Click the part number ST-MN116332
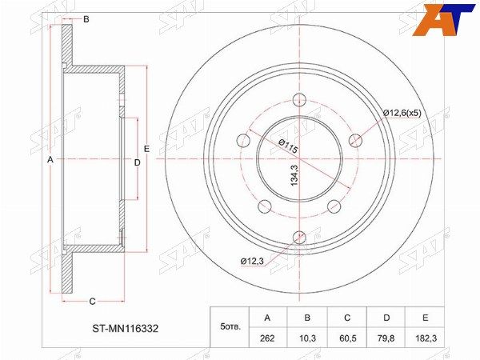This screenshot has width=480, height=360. (x=126, y=329)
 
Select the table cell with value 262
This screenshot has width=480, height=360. (x=267, y=338)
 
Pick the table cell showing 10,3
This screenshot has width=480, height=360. (x=307, y=338)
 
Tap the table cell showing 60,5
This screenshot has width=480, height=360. (x=347, y=338)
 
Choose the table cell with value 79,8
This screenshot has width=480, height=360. (x=386, y=338)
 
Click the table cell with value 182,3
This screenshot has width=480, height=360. (x=426, y=338)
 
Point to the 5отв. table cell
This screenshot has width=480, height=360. (x=230, y=327)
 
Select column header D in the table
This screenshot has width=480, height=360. (x=386, y=318)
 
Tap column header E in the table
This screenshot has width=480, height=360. (x=426, y=318)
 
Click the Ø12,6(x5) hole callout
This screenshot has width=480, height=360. (x=402, y=114)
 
